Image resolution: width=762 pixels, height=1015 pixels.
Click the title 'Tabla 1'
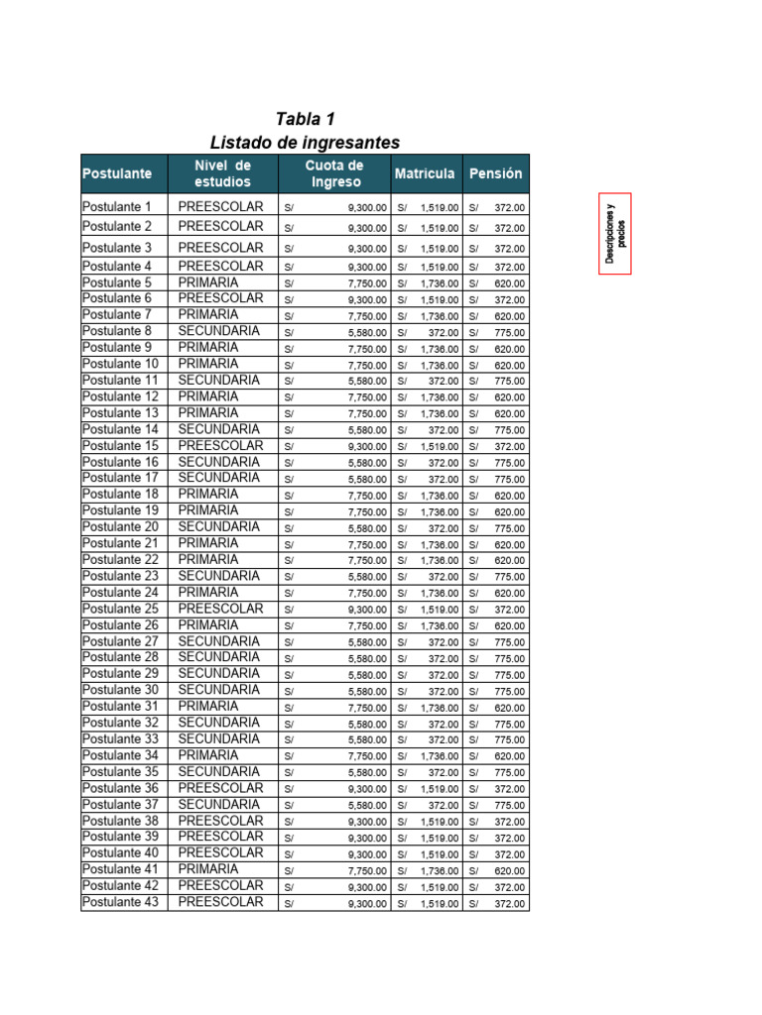click(x=305, y=120)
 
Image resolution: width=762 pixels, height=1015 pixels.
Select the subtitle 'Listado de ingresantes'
click(x=305, y=143)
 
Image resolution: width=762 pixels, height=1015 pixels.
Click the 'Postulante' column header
click(x=117, y=173)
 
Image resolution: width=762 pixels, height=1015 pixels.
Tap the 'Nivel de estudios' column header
click(x=222, y=173)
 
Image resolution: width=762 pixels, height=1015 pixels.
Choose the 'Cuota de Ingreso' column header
click(x=333, y=173)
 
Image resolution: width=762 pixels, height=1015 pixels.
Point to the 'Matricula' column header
click(x=425, y=173)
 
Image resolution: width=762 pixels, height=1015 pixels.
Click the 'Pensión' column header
click(x=495, y=173)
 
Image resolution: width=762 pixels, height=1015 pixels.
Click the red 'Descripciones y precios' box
click(x=615, y=233)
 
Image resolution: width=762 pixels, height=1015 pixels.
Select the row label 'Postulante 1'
click(x=117, y=207)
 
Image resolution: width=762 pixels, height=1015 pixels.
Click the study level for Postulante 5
click(x=208, y=282)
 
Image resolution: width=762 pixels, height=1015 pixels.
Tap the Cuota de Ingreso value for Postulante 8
click(x=367, y=333)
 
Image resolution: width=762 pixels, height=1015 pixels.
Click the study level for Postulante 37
click(x=218, y=804)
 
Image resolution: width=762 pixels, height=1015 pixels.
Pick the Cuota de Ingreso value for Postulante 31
click(x=367, y=708)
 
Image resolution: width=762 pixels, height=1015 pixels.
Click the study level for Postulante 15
click(x=220, y=446)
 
